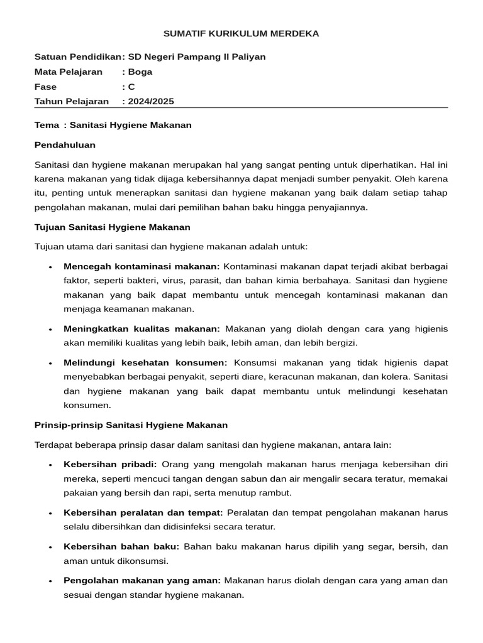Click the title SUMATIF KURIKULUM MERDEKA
(241, 33)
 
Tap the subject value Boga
(140, 72)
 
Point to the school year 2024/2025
(151, 101)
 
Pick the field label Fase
(45, 87)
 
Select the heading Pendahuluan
(65, 145)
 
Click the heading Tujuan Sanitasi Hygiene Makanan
(112, 227)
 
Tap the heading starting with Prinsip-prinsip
(131, 425)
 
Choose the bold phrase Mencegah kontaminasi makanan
(142, 266)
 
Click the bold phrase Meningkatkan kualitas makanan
(142, 328)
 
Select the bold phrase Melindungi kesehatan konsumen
(145, 362)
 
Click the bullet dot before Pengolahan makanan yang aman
(50, 581)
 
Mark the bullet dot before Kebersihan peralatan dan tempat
(50, 513)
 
